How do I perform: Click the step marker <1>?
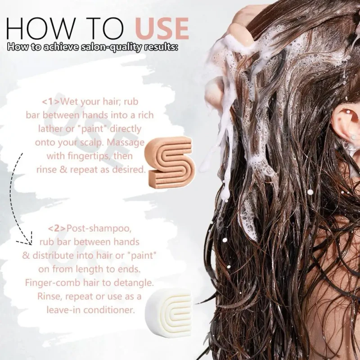(51, 102)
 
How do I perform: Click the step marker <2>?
(57, 228)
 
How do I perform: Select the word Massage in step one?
(126, 143)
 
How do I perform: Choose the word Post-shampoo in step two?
(99, 229)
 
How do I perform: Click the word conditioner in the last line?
(109, 310)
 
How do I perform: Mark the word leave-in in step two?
(63, 310)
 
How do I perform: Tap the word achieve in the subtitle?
(61, 47)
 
